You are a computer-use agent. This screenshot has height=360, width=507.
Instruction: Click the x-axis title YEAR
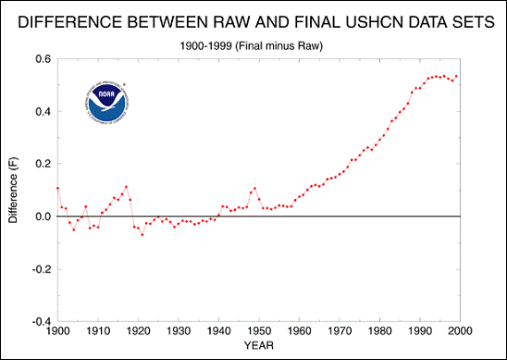259,345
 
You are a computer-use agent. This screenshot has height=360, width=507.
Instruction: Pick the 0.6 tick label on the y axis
43,58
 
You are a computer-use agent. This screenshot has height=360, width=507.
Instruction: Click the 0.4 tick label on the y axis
43,111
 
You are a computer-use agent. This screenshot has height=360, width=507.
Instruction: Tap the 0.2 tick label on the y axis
43,164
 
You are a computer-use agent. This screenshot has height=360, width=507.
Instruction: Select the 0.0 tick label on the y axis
43,217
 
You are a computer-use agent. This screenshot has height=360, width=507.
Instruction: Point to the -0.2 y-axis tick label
42,269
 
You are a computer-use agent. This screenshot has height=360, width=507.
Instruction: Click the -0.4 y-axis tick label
42,322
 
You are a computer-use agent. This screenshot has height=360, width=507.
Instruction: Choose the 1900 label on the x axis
57,331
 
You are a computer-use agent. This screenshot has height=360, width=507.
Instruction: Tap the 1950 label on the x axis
259,331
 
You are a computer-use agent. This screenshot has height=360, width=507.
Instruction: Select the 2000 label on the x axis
461,331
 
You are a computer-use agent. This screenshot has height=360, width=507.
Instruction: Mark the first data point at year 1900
57,188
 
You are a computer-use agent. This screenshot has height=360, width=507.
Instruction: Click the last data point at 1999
456,76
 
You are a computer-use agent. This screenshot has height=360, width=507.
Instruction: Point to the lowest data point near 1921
142,234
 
